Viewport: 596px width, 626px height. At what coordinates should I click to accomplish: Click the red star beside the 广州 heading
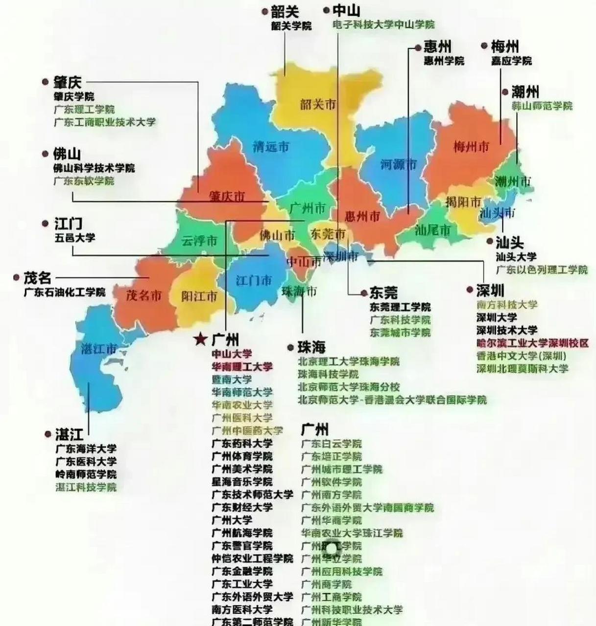tap(200, 339)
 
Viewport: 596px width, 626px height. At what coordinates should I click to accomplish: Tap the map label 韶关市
tap(318, 104)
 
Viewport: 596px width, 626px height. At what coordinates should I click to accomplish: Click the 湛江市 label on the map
tap(99, 349)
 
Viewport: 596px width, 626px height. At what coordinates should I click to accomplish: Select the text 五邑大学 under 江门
tap(75, 238)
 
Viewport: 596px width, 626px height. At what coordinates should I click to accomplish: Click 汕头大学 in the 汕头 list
tap(516, 256)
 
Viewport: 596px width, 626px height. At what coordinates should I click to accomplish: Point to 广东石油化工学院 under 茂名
tap(65, 292)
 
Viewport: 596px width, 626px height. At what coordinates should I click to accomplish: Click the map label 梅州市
tap(471, 146)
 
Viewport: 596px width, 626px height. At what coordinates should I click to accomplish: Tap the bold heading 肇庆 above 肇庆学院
tap(68, 82)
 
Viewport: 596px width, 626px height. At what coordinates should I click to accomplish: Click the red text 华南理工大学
tap(242, 366)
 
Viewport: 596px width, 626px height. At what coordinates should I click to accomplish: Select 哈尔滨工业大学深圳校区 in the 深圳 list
tap(532, 343)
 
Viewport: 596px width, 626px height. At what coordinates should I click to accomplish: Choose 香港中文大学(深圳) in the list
tap(521, 356)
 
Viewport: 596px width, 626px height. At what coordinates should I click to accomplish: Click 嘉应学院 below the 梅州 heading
tap(511, 61)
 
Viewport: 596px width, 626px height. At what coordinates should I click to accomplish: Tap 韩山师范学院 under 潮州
tap(542, 106)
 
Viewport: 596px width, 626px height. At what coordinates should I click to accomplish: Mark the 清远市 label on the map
tap(271, 146)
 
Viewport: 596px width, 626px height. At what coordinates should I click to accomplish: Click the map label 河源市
tap(399, 164)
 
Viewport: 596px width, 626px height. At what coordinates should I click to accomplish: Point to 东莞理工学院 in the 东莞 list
tap(400, 307)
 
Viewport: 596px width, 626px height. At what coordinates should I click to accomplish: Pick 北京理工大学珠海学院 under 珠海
tap(349, 361)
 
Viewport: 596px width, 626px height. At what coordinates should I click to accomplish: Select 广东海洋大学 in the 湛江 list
tap(86, 448)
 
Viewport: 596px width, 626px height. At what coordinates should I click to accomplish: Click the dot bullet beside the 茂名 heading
tap(16, 278)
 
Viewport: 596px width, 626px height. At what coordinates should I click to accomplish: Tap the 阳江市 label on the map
tap(199, 296)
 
